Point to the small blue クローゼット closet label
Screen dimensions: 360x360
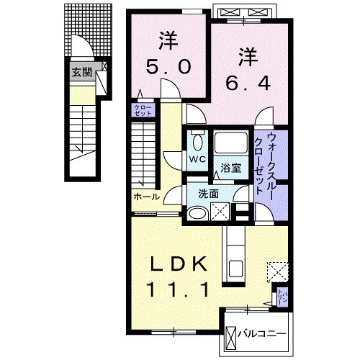click(x=139, y=110)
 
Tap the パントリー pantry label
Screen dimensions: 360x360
click(x=284, y=296)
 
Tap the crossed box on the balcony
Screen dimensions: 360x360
click(x=231, y=336)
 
